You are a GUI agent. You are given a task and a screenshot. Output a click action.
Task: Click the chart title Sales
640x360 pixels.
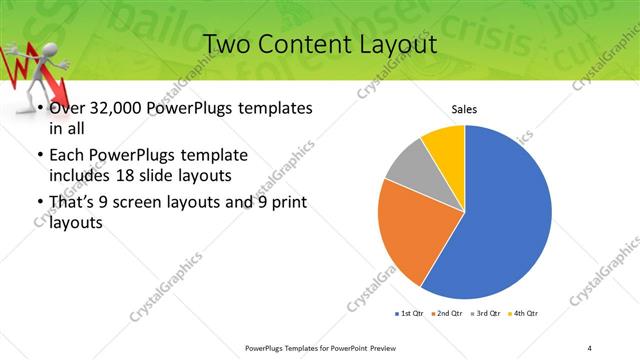(x=464, y=109)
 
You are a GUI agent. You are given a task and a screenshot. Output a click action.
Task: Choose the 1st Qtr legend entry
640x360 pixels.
(x=411, y=314)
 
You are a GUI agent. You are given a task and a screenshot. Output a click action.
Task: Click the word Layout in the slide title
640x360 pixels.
(x=394, y=45)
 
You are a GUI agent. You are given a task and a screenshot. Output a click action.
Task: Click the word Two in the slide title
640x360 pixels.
(x=225, y=45)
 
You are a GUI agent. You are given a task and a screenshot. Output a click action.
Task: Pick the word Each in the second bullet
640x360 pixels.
(x=67, y=155)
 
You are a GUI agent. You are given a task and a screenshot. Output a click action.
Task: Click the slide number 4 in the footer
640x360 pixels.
(x=590, y=347)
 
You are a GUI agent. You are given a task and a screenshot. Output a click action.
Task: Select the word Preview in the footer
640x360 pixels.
(x=389, y=347)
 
